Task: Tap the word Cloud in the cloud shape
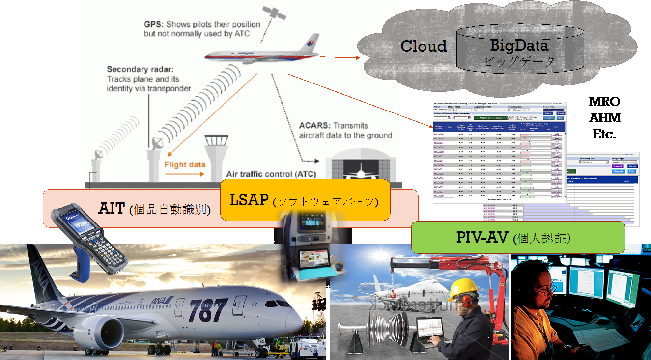[424, 46]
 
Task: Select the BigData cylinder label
[519, 46]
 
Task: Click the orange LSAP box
[305, 200]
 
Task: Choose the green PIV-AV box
[517, 237]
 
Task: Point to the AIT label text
[113, 208]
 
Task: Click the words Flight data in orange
[185, 165]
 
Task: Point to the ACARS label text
[314, 125]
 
